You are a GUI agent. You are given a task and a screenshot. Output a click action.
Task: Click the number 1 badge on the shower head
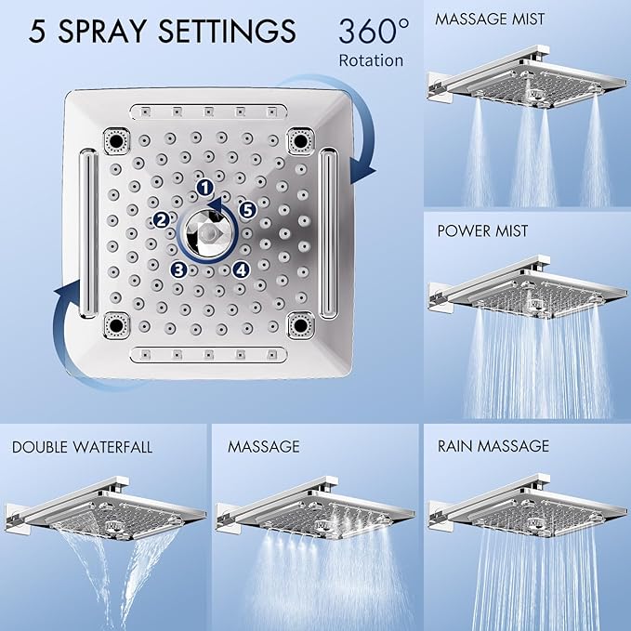click(204, 188)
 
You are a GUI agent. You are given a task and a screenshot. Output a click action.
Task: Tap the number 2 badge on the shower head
click(162, 220)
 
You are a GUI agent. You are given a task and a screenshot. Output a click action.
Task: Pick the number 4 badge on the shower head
click(241, 269)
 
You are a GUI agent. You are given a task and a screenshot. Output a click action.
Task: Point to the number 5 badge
click(247, 210)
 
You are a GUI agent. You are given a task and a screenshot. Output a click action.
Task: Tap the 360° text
click(373, 32)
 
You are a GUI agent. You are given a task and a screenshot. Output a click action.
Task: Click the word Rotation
click(372, 60)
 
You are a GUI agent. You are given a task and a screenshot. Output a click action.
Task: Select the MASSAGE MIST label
click(491, 19)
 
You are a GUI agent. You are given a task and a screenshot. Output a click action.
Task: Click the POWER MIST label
click(482, 230)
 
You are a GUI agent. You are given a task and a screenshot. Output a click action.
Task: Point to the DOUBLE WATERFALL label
click(83, 447)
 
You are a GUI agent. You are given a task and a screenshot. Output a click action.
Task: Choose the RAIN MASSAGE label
click(493, 447)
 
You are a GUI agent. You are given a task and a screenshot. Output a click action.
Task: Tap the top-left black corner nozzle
click(118, 139)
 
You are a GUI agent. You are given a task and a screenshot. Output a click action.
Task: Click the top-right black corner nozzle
click(299, 140)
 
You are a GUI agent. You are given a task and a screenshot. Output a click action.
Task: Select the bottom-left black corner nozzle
click(118, 324)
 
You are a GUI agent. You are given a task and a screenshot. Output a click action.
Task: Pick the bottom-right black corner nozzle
click(299, 324)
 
